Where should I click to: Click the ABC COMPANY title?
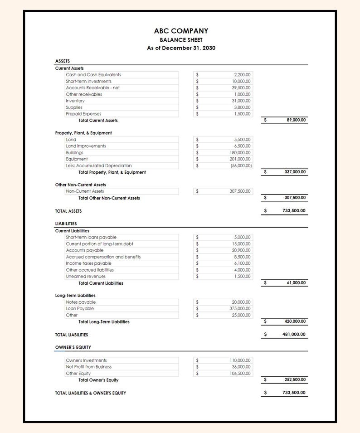181,31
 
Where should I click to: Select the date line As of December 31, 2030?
181,48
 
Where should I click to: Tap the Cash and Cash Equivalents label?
93,75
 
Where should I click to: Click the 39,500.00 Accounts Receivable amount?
241,88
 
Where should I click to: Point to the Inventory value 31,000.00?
241,101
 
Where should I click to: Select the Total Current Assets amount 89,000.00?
296,120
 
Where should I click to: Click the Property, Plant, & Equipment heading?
83,133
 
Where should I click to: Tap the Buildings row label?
74,153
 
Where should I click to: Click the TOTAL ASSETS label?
68,211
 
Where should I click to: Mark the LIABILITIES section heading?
66,224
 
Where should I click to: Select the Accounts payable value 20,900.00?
241,250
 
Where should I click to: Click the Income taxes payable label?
88,263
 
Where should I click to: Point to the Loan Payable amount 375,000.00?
240,309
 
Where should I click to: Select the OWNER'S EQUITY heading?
73,347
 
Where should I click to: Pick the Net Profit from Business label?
88,367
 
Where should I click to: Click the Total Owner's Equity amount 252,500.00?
295,379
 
